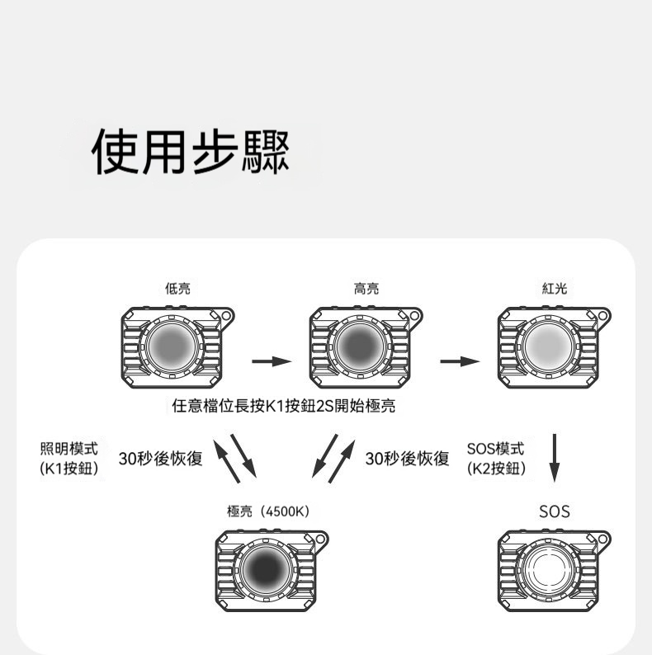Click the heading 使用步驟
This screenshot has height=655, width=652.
191,152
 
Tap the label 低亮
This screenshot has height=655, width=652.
177,288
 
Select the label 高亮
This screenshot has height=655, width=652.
366,288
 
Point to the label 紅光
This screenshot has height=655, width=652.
555,288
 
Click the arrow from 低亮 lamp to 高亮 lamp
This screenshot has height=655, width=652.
272,361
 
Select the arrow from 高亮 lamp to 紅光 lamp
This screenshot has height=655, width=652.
461,361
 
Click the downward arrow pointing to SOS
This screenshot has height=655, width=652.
555,458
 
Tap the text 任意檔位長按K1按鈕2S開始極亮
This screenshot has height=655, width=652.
284,406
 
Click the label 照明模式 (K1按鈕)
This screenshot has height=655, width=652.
69,458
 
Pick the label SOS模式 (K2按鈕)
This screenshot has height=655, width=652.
496,458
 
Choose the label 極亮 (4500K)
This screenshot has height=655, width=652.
268,511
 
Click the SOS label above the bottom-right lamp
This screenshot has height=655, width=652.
555,511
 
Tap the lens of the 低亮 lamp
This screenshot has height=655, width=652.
172,346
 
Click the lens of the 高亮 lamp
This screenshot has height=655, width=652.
361,346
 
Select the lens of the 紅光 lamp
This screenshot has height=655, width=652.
548,346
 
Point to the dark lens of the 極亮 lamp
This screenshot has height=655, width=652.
267,569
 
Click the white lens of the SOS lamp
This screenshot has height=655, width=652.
548,569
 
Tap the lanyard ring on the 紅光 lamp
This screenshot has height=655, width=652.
603,315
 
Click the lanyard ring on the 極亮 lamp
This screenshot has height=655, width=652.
321,539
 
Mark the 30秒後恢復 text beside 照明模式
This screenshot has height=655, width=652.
161,458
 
